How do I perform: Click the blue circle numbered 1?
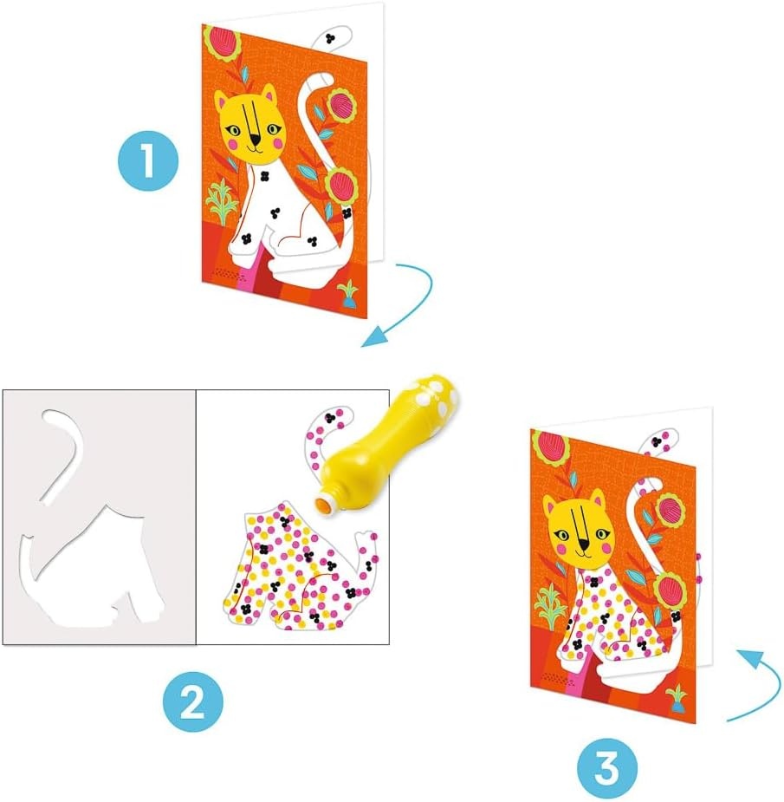[x=148, y=160]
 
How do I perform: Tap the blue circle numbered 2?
[x=193, y=701]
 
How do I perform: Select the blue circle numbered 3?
[x=607, y=766]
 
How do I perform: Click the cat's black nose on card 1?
[x=255, y=139]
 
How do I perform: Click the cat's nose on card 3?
[x=584, y=544]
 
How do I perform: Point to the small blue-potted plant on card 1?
[x=348, y=294]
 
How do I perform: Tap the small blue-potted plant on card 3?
[x=677, y=698]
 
